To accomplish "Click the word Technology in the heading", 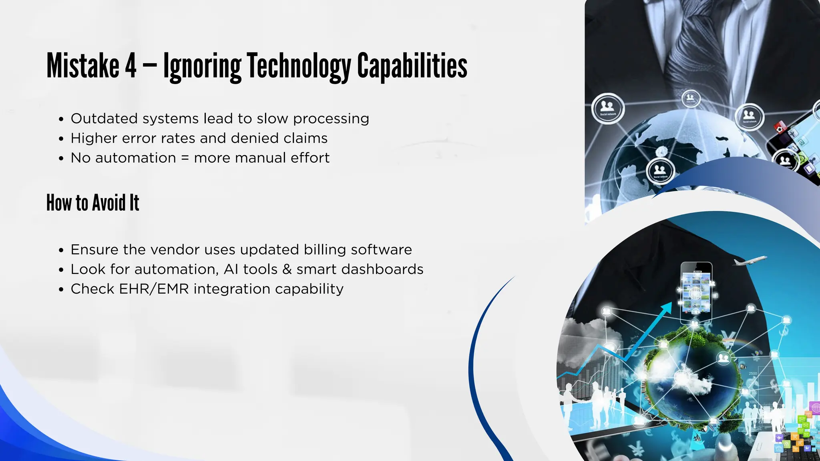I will click(x=298, y=66).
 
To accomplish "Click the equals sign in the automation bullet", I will click(x=185, y=158).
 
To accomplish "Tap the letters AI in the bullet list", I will click(x=231, y=269).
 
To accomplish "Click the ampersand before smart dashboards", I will click(x=287, y=269).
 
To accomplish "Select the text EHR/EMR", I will click(x=154, y=289).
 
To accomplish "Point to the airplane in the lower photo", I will click(x=750, y=261).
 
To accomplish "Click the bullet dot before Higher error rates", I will click(x=61, y=139).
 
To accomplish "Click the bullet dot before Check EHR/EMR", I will click(x=61, y=290).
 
